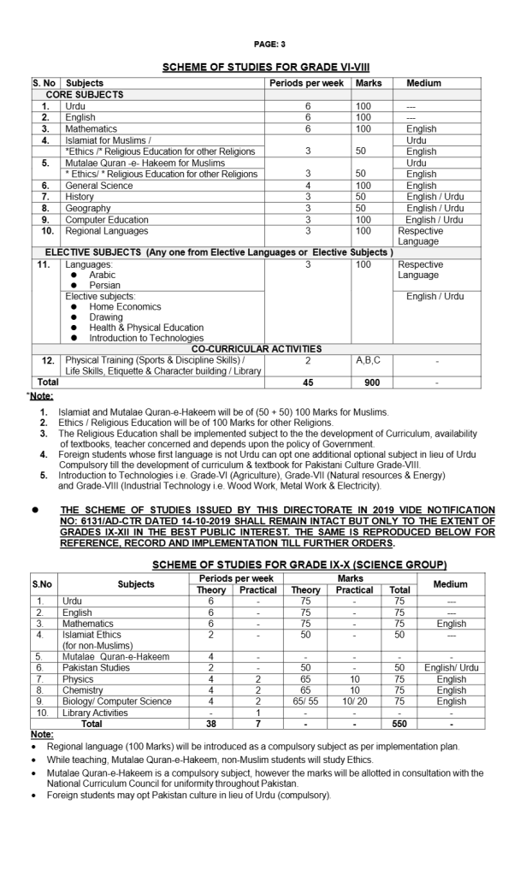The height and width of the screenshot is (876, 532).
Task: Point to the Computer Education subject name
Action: pyautogui.click(x=108, y=218)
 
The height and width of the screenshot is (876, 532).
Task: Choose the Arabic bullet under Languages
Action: pyautogui.click(x=103, y=275)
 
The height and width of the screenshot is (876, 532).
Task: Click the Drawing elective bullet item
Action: pyautogui.click(x=106, y=317)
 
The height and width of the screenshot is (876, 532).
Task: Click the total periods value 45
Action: pyautogui.click(x=308, y=382)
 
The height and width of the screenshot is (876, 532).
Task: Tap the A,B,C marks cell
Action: pyautogui.click(x=369, y=360)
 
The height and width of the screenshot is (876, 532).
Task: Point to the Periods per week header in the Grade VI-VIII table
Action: pyautogui.click(x=308, y=83)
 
